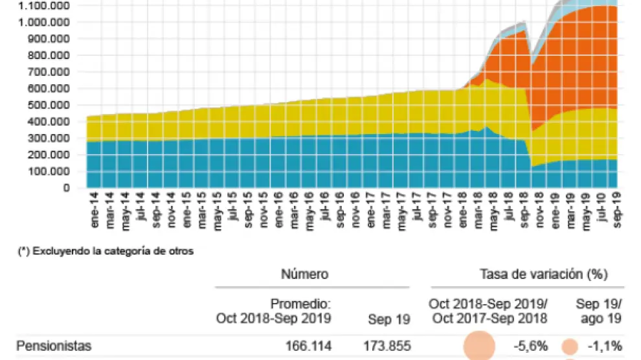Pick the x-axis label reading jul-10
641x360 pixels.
[600, 210]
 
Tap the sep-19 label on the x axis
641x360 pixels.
[616, 210]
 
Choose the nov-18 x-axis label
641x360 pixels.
[539, 210]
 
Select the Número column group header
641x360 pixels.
[304, 275]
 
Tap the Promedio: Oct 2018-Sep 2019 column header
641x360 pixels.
[273, 310]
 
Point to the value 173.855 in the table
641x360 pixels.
[390, 345]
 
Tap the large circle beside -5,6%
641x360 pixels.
[480, 346]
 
